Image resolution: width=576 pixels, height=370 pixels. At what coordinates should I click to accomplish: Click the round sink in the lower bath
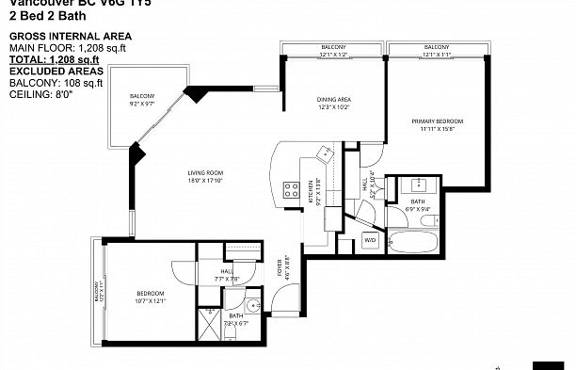coord(254,306)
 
